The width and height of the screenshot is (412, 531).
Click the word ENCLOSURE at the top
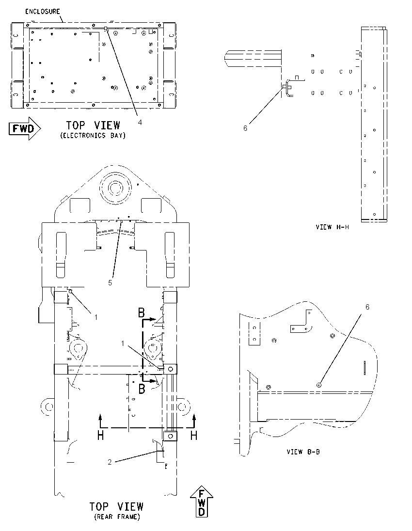[x=43, y=12]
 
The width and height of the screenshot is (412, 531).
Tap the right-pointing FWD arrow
[x=25, y=129]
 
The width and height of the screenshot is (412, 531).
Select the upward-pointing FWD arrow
[x=202, y=501]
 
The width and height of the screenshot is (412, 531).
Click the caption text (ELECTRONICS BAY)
[x=93, y=136]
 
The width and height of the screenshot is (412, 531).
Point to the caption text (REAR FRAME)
[x=117, y=517]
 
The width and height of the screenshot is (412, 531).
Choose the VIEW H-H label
[x=332, y=227]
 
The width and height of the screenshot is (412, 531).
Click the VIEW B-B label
[x=303, y=452]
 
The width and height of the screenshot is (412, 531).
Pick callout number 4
[x=140, y=123]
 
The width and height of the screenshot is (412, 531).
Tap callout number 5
[x=110, y=283]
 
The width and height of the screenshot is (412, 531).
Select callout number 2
[x=110, y=462]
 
